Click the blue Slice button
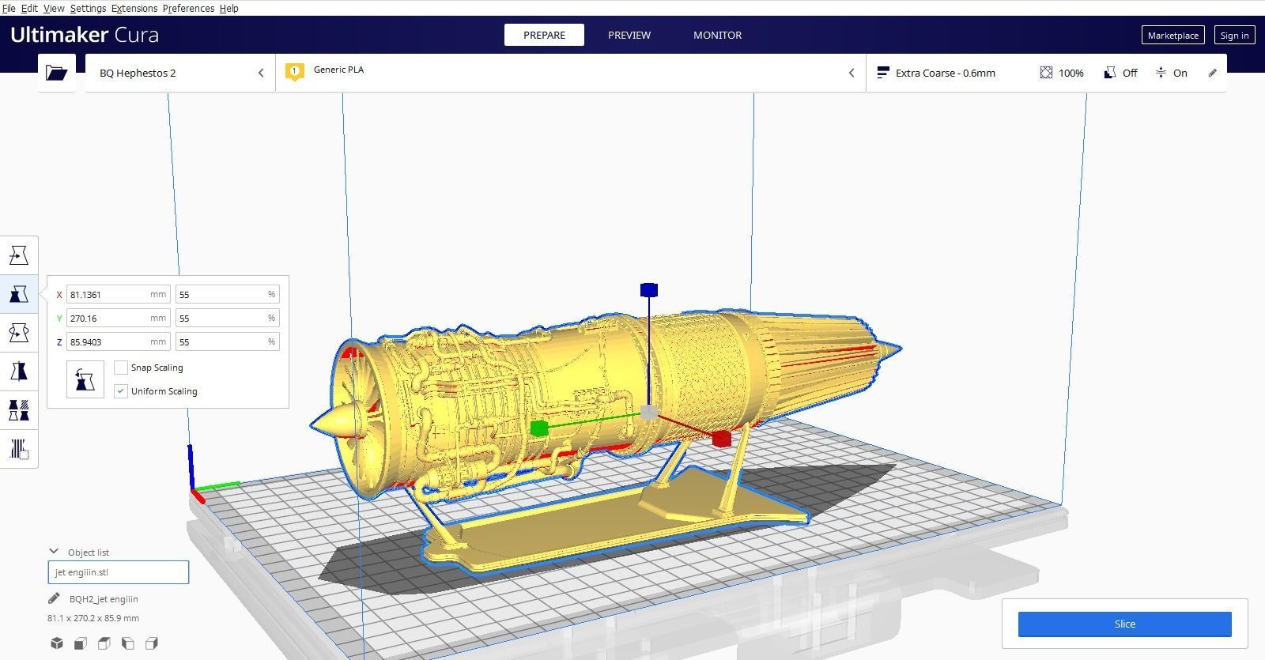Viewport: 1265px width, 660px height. tap(1124, 624)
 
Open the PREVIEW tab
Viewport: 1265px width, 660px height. tap(629, 35)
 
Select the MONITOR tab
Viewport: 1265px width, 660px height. tap(717, 35)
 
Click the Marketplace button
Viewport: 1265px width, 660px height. tap(1172, 35)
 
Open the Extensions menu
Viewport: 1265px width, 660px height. tap(134, 8)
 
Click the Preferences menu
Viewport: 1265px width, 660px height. tap(188, 8)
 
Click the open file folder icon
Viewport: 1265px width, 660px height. tap(57, 73)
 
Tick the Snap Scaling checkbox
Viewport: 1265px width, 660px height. tap(121, 368)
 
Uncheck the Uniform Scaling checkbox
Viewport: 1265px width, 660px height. tap(121, 391)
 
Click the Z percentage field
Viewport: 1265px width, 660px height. tap(221, 341)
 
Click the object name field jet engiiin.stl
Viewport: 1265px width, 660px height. tap(119, 572)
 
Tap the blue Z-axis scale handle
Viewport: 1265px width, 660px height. tap(649, 290)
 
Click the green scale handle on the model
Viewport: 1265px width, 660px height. tap(539, 428)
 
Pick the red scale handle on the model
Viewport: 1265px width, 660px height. tap(721, 439)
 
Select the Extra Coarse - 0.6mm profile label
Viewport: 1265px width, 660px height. tap(945, 73)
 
